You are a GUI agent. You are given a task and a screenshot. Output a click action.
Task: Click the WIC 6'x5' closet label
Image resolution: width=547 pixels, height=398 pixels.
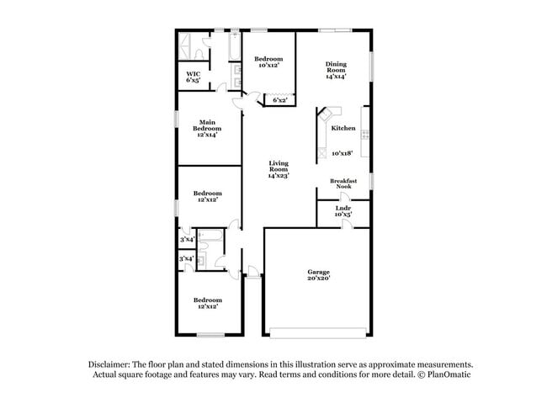(x=193, y=77)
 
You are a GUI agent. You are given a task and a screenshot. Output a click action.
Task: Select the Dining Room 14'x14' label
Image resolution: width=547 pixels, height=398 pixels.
(x=335, y=70)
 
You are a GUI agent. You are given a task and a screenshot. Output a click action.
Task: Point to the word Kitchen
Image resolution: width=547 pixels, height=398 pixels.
(x=343, y=128)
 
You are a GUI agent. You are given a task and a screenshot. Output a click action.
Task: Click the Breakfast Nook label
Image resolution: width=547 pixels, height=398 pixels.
(x=343, y=183)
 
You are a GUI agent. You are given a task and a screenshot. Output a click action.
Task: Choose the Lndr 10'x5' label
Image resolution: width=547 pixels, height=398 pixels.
(x=343, y=210)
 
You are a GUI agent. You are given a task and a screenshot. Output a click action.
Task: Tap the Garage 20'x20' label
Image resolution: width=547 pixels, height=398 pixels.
(x=318, y=275)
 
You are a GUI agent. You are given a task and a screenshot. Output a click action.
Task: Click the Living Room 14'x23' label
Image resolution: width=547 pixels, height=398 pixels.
(x=278, y=169)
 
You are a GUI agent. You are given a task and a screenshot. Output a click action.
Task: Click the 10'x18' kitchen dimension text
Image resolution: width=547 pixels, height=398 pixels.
(x=341, y=153)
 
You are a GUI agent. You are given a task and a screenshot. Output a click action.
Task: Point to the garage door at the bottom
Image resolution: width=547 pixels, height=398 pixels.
(x=318, y=329)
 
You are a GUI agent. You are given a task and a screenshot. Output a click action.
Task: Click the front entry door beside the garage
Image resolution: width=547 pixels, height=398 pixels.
(x=252, y=271)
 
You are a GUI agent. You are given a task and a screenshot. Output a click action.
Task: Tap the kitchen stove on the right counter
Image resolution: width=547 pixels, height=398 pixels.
(x=364, y=135)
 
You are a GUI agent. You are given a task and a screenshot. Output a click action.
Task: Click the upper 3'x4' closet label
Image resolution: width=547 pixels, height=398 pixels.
(x=186, y=240)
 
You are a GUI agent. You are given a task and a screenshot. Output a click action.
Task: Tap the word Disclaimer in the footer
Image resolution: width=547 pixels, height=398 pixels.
(x=110, y=364)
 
